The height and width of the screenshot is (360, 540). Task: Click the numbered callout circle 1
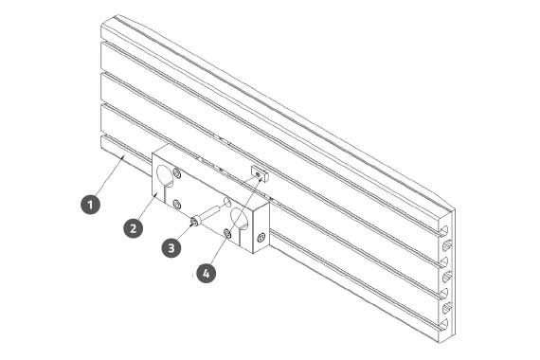click(x=90, y=205)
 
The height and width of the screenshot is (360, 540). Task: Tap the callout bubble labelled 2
click(x=134, y=227)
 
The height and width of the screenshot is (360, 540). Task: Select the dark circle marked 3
click(x=171, y=247)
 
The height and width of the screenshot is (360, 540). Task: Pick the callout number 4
click(x=206, y=273)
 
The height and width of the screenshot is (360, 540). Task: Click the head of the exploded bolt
click(x=195, y=221)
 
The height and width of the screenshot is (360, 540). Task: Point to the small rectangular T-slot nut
click(x=260, y=173)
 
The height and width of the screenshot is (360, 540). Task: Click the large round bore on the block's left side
click(x=164, y=174)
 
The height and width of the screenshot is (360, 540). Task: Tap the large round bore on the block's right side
click(x=239, y=218)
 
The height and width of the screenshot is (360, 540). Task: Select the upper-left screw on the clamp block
click(x=177, y=173)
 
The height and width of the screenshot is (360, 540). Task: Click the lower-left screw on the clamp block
click(x=176, y=206)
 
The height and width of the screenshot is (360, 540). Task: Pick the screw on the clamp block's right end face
click(x=261, y=237)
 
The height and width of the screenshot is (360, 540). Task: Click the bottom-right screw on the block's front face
click(x=227, y=234)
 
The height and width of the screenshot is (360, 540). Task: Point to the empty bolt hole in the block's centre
click(x=227, y=201)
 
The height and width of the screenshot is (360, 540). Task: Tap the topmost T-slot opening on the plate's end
click(x=444, y=230)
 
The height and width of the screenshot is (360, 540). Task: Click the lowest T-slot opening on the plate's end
click(x=444, y=324)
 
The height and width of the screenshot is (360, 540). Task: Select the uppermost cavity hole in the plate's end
click(x=446, y=245)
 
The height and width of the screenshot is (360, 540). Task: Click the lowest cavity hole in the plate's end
click(x=446, y=308)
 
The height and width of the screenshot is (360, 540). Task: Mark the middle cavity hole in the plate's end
click(x=446, y=276)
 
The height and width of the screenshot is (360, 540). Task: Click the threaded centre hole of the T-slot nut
click(x=259, y=174)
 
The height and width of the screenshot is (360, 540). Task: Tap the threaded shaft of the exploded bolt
click(x=210, y=212)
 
